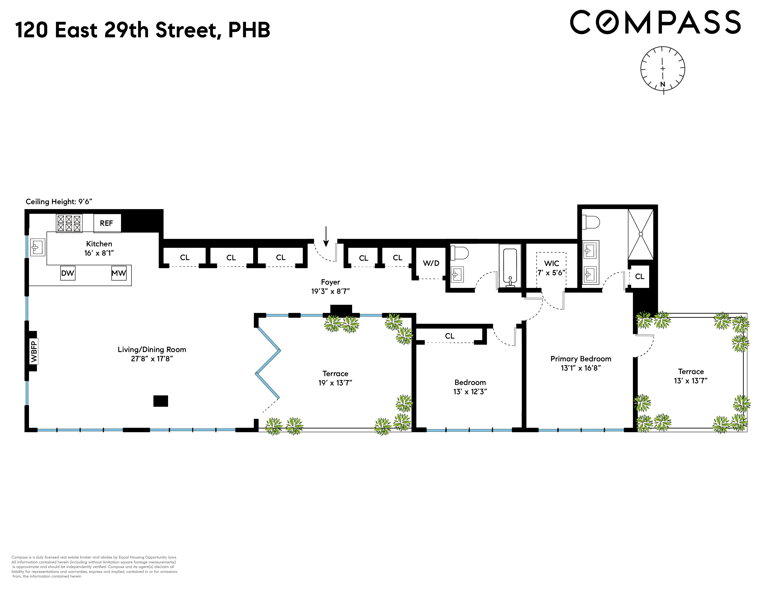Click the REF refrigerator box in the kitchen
(x=107, y=223)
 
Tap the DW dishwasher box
(x=68, y=273)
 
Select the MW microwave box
(x=119, y=273)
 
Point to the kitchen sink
(x=37, y=247)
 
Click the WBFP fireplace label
(x=34, y=352)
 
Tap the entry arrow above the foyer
(x=326, y=236)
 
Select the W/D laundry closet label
(x=431, y=263)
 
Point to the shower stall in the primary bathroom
(x=641, y=234)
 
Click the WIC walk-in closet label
(x=551, y=263)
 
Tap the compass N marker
(x=662, y=84)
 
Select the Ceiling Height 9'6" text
(x=59, y=202)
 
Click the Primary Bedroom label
(x=581, y=359)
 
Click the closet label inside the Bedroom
(x=450, y=336)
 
